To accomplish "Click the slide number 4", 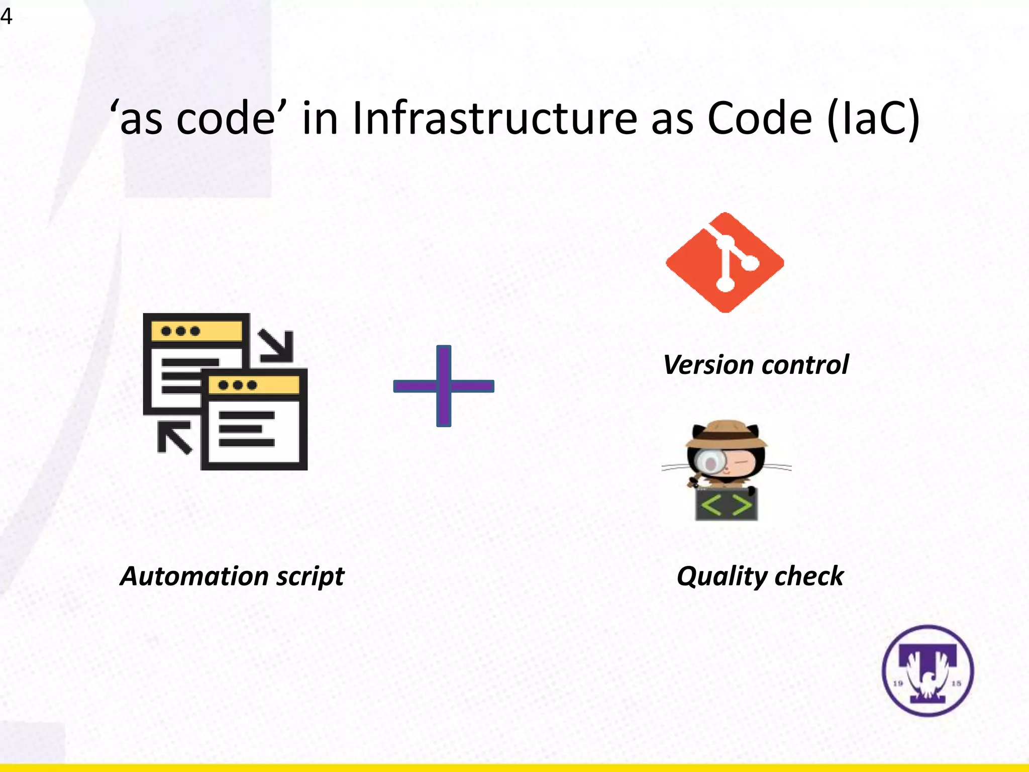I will click(x=6, y=17).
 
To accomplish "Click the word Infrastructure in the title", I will click(x=494, y=119).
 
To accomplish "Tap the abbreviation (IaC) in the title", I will click(x=873, y=120).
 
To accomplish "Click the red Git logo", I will click(x=725, y=262).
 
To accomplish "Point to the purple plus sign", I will click(x=444, y=386).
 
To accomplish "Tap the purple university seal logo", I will click(x=928, y=670).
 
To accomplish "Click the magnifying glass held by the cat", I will click(x=710, y=463).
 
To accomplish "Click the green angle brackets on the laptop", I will click(x=727, y=505).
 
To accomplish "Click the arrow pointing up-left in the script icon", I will click(x=173, y=437).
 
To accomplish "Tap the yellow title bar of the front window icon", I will click(x=254, y=385).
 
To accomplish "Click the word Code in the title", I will click(x=760, y=119).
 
